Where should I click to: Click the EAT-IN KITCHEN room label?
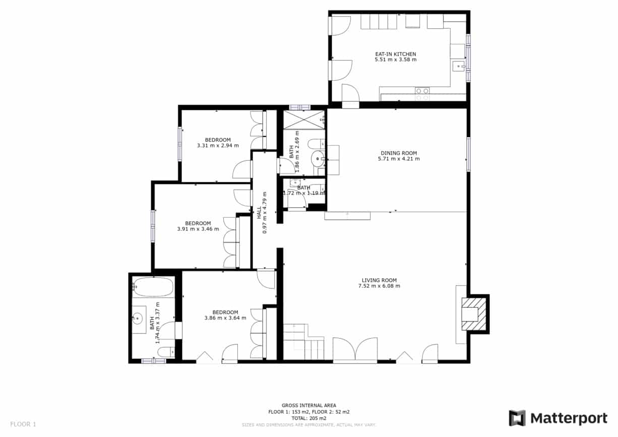pyautogui.click(x=395, y=54)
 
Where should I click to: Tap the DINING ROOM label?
pyautogui.click(x=398, y=153)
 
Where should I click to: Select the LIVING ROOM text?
pyautogui.click(x=379, y=280)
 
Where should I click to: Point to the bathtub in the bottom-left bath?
pyautogui.click(x=153, y=287)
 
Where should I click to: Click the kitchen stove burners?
pyautogui.click(x=422, y=94)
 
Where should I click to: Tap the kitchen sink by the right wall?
pyautogui.click(x=458, y=66)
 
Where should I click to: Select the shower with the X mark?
pyautogui.click(x=303, y=119)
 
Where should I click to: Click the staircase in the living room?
pyautogui.click(x=304, y=343)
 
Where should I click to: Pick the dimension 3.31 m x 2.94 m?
pyautogui.click(x=218, y=146)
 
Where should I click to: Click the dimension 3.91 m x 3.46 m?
pyautogui.click(x=198, y=229)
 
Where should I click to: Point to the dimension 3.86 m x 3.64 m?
pyautogui.click(x=225, y=318)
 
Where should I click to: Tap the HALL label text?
pyautogui.click(x=259, y=212)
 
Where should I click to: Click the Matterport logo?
pyautogui.click(x=558, y=418)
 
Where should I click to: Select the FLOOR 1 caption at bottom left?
pyautogui.click(x=23, y=424)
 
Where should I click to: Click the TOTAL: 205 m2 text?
pyautogui.click(x=308, y=418)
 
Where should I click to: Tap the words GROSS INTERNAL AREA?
pyautogui.click(x=308, y=405)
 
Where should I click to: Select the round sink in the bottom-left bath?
pyautogui.click(x=137, y=318)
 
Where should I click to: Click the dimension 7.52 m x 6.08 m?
pyautogui.click(x=379, y=286)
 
